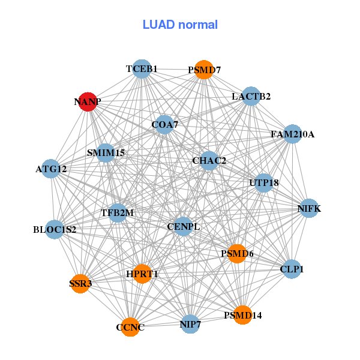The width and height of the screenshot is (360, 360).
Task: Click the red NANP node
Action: (88, 101)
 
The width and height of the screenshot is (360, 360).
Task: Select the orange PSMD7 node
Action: (204, 70)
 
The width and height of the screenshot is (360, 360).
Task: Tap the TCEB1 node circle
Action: (141, 69)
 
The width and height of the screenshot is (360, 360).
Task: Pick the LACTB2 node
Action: (250, 96)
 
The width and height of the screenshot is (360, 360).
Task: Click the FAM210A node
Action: (292, 134)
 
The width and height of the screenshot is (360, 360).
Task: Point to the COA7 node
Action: (164, 125)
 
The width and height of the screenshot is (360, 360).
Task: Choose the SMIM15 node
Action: (106, 153)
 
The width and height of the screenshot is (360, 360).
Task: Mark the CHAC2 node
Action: (209, 161)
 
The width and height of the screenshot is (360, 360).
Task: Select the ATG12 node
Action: (52, 169)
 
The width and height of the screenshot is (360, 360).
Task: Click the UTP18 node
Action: (263, 182)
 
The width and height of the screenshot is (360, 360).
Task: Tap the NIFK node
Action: (309, 209)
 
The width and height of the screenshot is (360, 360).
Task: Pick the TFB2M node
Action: (118, 212)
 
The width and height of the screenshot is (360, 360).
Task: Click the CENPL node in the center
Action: (183, 226)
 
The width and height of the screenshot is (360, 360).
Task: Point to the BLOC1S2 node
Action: (55, 229)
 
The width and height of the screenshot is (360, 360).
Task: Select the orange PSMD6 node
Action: (237, 254)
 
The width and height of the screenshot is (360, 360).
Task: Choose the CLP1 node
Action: (292, 269)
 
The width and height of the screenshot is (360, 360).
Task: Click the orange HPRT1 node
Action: (142, 274)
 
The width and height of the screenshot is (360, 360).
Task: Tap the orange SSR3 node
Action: (80, 283)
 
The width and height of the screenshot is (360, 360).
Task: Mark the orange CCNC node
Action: (130, 328)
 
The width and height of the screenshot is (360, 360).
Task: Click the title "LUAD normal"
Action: (180, 25)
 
